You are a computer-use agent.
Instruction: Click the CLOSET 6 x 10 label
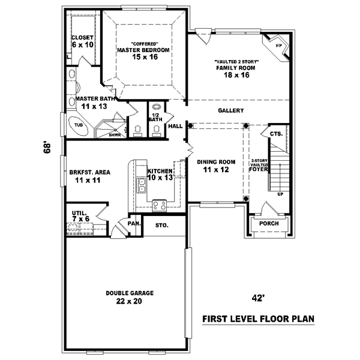[x=83, y=41]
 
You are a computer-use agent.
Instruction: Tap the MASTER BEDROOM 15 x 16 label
[x=143, y=53]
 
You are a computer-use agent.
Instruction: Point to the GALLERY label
[x=230, y=111]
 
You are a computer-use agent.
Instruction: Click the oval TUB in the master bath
[x=79, y=125]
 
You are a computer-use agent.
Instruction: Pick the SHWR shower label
[x=115, y=135]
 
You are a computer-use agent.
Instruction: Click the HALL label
[x=175, y=127]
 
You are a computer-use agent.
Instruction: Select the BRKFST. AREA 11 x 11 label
[x=89, y=176]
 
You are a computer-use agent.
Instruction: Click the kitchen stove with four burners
[x=160, y=205]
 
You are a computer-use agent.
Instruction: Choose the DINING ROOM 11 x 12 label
[x=216, y=166]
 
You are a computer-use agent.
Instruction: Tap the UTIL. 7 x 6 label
[x=80, y=216]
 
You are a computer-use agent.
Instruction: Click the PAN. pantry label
[x=134, y=224]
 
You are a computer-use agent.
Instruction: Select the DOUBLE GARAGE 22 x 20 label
[x=130, y=297]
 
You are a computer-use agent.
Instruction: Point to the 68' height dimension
[x=47, y=148]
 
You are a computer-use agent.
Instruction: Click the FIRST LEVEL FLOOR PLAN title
[x=259, y=319]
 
